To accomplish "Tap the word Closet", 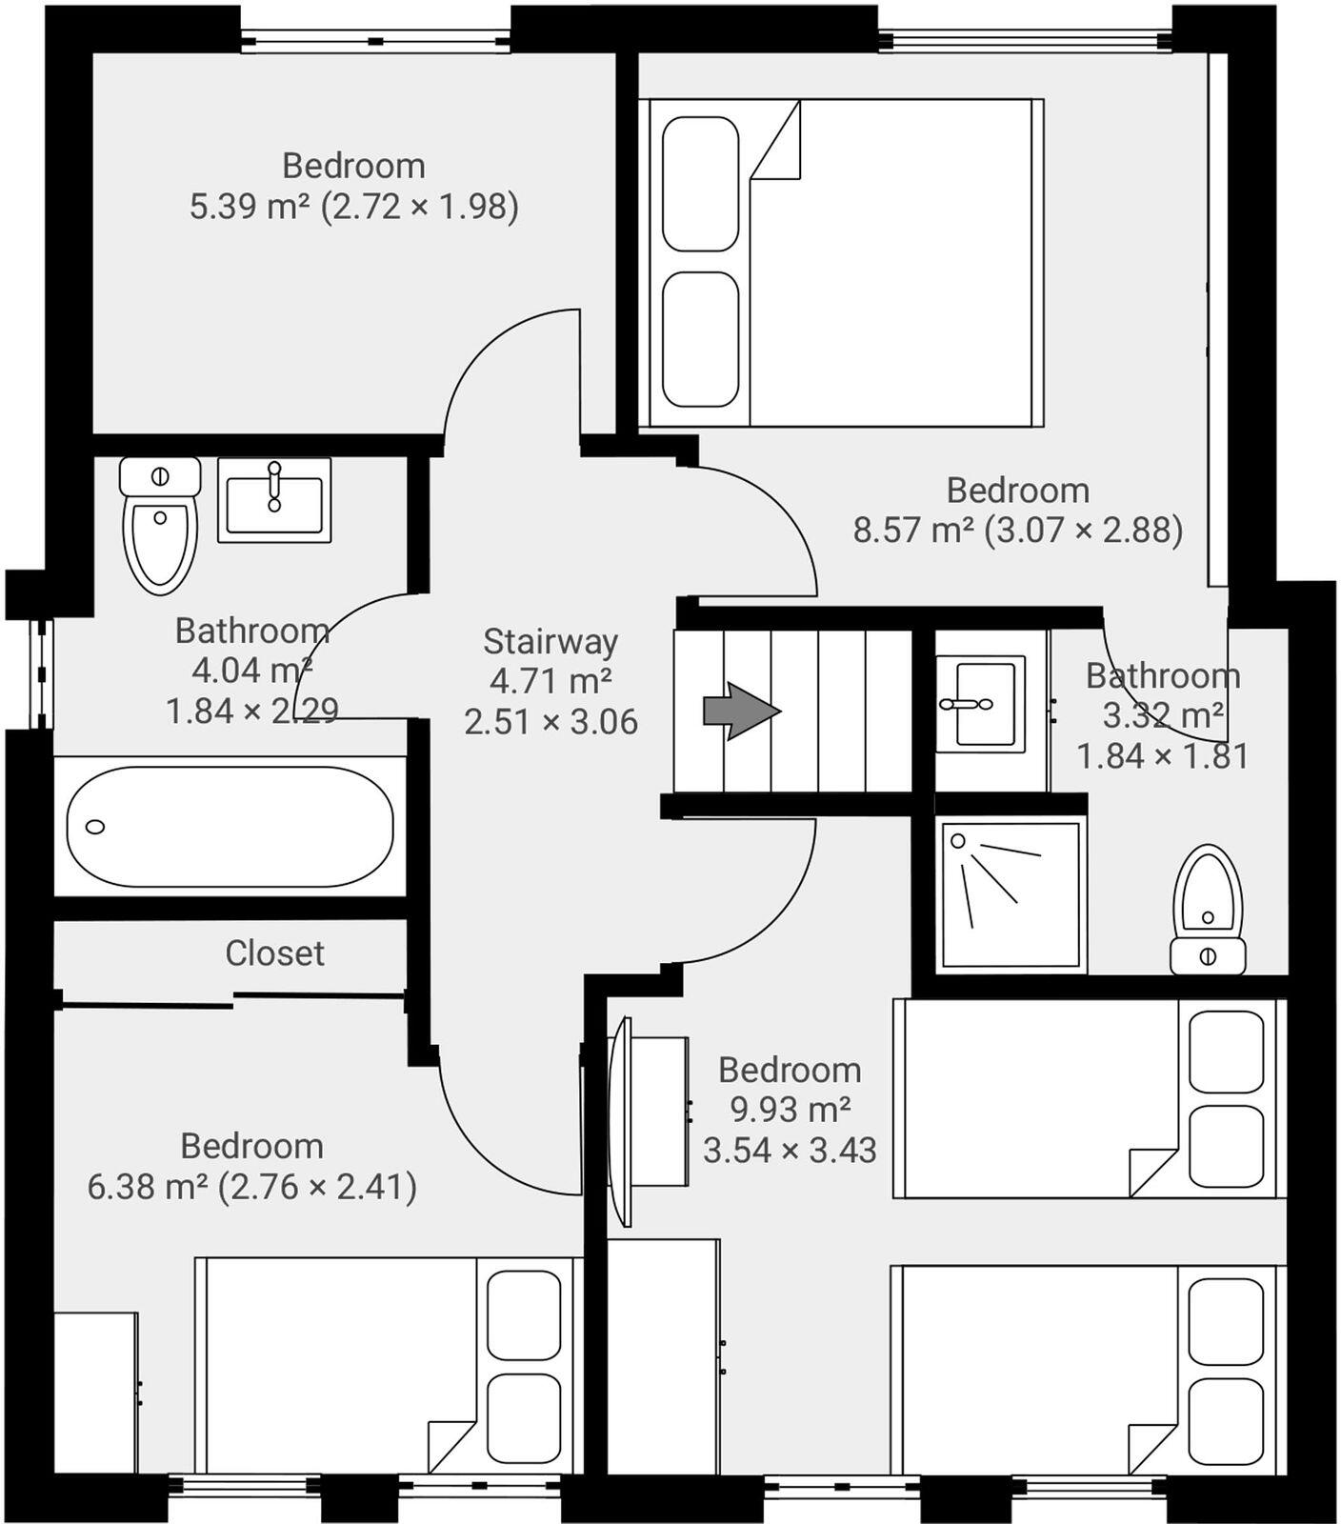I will click(274, 953).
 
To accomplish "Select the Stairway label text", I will click(550, 641).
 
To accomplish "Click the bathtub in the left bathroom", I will click(230, 826).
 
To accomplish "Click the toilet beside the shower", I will click(1208, 909).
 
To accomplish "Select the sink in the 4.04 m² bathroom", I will click(274, 500).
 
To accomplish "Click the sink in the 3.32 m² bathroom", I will click(981, 703).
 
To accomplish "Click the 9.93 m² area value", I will click(790, 1110).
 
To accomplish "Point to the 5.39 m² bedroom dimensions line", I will click(353, 207).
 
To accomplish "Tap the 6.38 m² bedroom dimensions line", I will click(251, 1187).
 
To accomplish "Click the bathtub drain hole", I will click(95, 826).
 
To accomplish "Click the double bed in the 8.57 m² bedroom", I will click(843, 262).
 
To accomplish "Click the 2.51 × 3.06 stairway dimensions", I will click(550, 722).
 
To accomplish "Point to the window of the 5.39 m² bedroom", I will click(375, 41).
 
